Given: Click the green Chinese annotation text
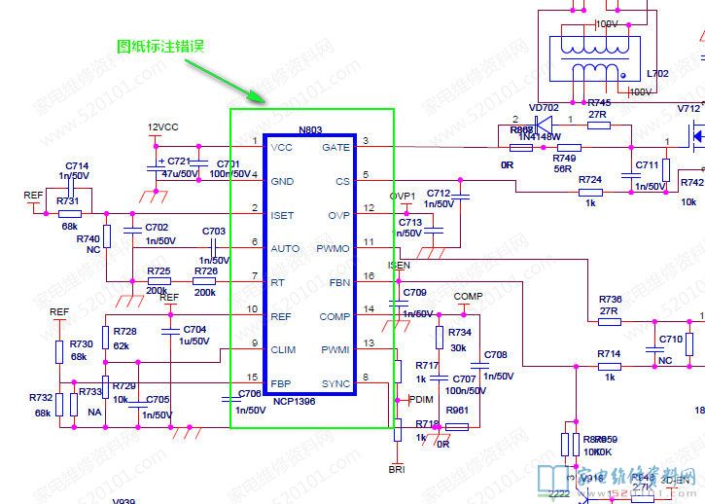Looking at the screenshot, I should point(160,46).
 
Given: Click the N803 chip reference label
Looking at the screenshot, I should point(310,129).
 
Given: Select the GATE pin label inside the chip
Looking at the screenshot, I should point(335,148).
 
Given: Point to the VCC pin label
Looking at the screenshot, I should point(282,148).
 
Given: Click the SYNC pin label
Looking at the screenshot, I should point(335,383).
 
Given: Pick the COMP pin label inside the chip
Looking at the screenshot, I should point(335,316).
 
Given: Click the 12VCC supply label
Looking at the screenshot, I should point(162,127).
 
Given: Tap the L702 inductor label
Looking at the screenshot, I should point(657,73).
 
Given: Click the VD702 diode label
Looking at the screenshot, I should point(544,108).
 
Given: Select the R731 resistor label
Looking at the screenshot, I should point(68,200).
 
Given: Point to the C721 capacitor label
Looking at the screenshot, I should point(179,162).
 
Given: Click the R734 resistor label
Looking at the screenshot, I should point(459,333).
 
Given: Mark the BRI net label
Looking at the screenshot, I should point(397,470).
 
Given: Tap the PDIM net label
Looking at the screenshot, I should point(420,400).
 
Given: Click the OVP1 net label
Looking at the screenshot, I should point(403,197).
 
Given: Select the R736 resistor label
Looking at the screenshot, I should point(610,300).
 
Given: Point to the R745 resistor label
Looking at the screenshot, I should point(599,102).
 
